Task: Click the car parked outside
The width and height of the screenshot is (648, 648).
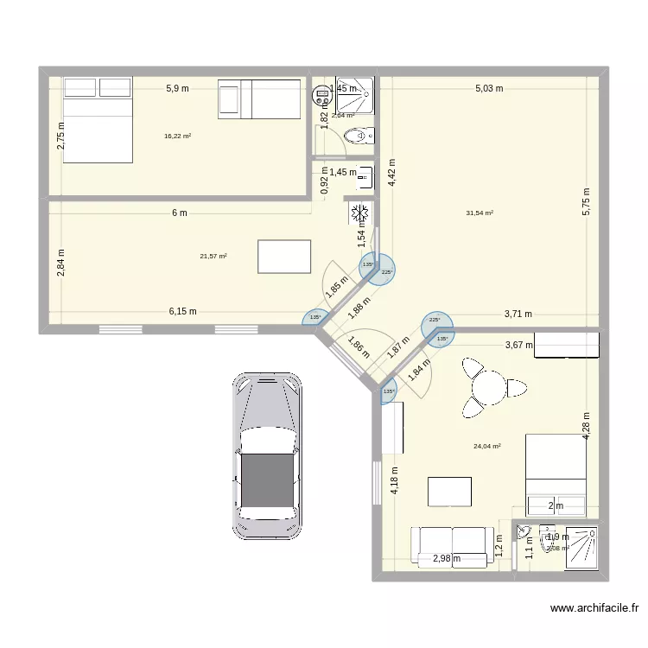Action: [267, 455]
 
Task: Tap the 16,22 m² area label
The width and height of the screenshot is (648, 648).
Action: [177, 136]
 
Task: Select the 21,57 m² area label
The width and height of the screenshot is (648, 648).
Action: [213, 256]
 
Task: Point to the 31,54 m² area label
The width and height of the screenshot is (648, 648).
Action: [480, 213]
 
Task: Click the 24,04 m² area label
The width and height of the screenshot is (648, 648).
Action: [487, 447]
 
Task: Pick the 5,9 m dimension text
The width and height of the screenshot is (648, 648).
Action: [179, 88]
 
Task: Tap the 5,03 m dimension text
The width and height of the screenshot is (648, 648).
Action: [488, 88]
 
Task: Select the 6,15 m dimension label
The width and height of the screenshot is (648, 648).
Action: [182, 311]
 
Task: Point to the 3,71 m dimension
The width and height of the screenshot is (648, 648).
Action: [518, 314]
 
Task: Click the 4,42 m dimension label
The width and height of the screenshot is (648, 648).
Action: [391, 179]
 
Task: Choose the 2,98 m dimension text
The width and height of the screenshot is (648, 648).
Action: [446, 559]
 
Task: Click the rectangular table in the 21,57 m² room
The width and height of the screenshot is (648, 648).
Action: [284, 257]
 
